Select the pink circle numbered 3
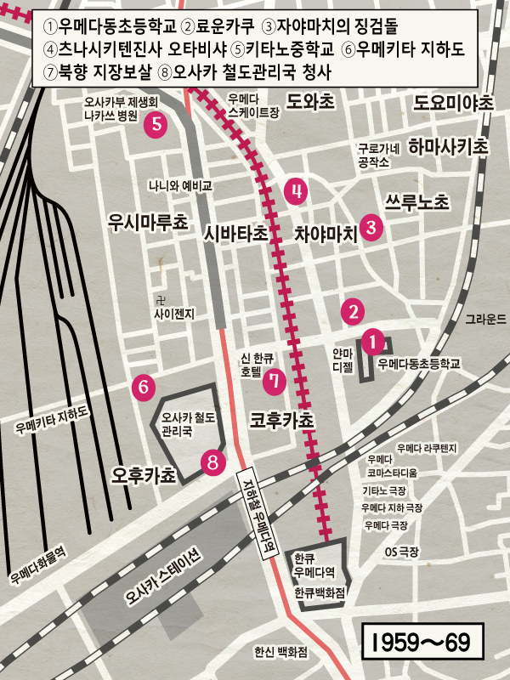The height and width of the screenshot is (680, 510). (371, 227)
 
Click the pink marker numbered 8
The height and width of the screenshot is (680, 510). (212, 462)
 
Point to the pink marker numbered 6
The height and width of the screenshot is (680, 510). (144, 387)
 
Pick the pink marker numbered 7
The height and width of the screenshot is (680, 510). (274, 382)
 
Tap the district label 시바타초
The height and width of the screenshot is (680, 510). (235, 232)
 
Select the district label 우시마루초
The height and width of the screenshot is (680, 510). (148, 223)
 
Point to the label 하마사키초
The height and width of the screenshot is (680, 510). (448, 146)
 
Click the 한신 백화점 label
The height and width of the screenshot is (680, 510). (280, 652)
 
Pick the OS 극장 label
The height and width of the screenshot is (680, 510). (402, 552)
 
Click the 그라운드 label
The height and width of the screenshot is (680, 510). (485, 320)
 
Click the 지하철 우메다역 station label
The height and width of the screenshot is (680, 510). (252, 504)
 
